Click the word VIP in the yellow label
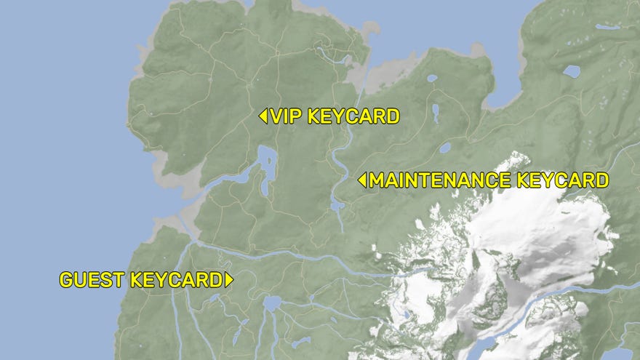coord(287,116)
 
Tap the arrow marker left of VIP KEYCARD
coord(263,116)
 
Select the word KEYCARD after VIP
coord(353,116)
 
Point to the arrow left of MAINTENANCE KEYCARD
coord(361,180)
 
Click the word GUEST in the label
coord(92,280)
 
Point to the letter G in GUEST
coord(66,280)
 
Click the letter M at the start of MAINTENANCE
coord(377,180)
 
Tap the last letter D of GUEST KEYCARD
coord(215,280)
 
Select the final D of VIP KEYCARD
coord(392,116)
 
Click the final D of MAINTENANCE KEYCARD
coord(600,180)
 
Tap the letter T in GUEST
coord(121,280)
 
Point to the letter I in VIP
coord(287,116)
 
